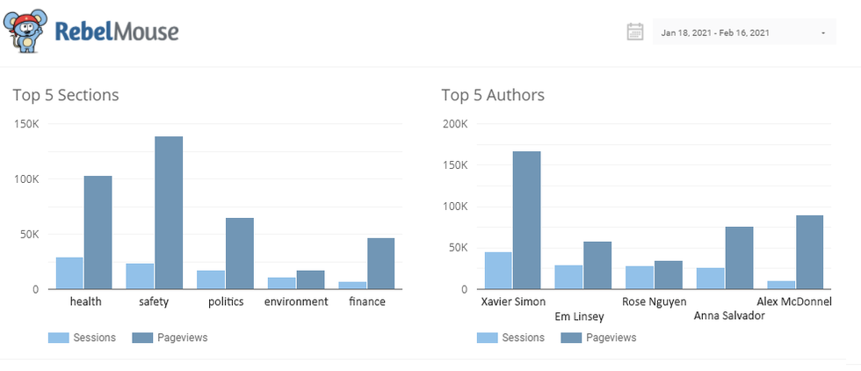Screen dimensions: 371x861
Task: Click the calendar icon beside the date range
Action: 635,33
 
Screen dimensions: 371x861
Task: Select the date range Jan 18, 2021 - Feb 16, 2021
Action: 715,33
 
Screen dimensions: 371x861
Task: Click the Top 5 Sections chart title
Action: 66,95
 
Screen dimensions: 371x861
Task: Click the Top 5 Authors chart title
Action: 493,95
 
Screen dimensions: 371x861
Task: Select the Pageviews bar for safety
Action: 169,213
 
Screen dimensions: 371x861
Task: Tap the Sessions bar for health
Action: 69,273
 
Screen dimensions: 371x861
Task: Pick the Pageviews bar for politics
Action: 239,253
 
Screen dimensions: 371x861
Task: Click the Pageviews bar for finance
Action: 380,263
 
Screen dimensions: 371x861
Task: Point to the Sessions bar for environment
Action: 282,282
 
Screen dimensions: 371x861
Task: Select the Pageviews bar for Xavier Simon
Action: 526,220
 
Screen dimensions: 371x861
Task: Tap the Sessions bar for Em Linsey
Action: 568,276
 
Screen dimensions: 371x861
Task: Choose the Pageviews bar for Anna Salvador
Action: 739,258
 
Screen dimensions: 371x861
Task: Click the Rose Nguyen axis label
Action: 654,302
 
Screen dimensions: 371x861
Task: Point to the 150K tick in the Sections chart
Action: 27,124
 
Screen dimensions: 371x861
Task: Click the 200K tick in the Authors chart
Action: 455,124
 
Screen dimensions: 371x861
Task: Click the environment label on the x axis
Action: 296,302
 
